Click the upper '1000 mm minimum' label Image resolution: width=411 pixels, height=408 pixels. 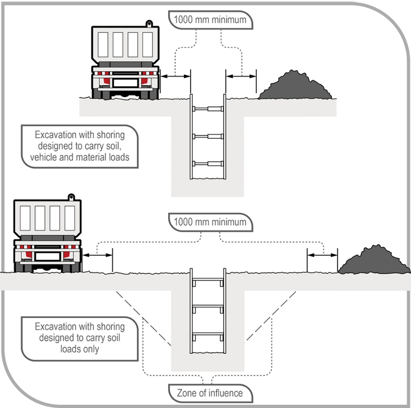[x=211, y=20]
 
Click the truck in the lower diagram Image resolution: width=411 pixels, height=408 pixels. [x=47, y=234]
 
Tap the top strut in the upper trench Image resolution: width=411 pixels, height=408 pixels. [x=208, y=109]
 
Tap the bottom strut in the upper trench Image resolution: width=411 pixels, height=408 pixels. [x=208, y=164]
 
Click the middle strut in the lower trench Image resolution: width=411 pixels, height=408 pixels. [x=208, y=308]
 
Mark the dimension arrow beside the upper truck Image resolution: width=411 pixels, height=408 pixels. [x=176, y=77]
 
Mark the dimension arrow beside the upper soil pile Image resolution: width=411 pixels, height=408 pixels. [x=241, y=77]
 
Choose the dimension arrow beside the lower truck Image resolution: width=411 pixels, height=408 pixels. [x=98, y=255]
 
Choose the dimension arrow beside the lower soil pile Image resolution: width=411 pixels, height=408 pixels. [x=322, y=255]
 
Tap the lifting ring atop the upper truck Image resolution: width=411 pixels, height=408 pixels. [x=149, y=23]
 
